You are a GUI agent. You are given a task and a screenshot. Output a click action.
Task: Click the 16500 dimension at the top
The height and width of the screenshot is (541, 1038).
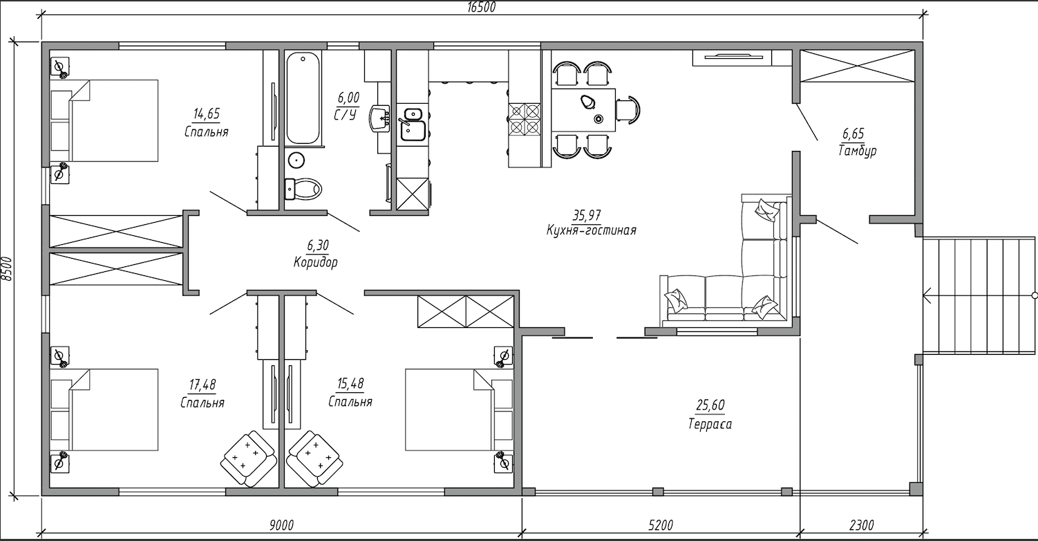coord(482,8)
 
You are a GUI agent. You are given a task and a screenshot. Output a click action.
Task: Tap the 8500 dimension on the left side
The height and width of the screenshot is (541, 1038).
coord(6,269)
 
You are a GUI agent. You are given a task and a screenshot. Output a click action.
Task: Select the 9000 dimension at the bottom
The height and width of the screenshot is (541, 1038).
coord(281,525)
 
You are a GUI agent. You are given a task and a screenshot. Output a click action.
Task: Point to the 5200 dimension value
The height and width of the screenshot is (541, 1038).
coord(661,525)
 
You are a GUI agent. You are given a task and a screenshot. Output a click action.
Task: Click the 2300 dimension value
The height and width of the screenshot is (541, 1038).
coord(862,525)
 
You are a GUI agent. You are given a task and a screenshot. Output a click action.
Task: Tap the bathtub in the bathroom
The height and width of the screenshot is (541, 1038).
coord(303,98)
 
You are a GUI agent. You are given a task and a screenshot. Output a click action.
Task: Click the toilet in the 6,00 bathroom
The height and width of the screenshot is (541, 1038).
coord(303,189)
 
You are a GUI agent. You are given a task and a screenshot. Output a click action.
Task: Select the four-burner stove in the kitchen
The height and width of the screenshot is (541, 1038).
coord(525,119)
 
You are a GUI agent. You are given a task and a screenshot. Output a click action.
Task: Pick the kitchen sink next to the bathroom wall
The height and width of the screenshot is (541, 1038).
coord(413,125)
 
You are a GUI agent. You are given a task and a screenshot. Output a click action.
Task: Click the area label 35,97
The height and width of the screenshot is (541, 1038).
coord(587,215)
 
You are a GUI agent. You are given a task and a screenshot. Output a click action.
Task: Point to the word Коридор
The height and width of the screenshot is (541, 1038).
coord(316,263)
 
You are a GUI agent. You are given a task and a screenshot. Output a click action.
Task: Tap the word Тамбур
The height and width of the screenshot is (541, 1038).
coord(857,151)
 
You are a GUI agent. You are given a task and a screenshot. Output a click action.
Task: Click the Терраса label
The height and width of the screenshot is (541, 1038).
coord(710,424)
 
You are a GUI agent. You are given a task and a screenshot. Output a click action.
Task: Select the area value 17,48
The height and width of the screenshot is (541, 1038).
coord(202,385)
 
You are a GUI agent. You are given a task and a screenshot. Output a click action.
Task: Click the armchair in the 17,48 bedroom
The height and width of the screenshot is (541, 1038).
coord(248,459)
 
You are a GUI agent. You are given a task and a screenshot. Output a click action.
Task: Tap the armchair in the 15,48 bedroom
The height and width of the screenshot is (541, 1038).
coord(314,459)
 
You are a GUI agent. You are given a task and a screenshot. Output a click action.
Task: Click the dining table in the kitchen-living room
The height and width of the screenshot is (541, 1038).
coord(583,109)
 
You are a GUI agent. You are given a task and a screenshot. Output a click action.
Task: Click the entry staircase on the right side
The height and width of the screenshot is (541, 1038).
coord(979,295)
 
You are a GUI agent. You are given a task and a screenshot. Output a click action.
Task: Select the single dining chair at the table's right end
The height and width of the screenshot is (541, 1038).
coord(629,110)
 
